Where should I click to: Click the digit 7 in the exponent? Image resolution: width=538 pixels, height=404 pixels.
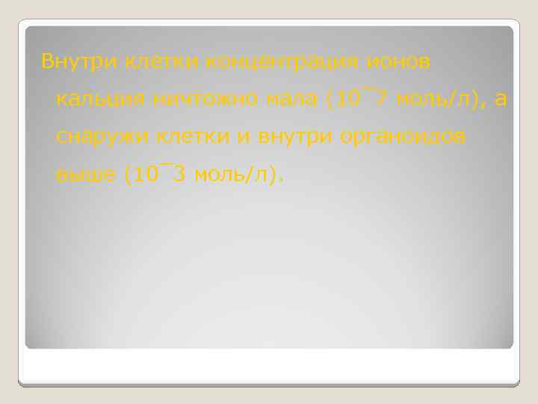[x=381, y=98]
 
